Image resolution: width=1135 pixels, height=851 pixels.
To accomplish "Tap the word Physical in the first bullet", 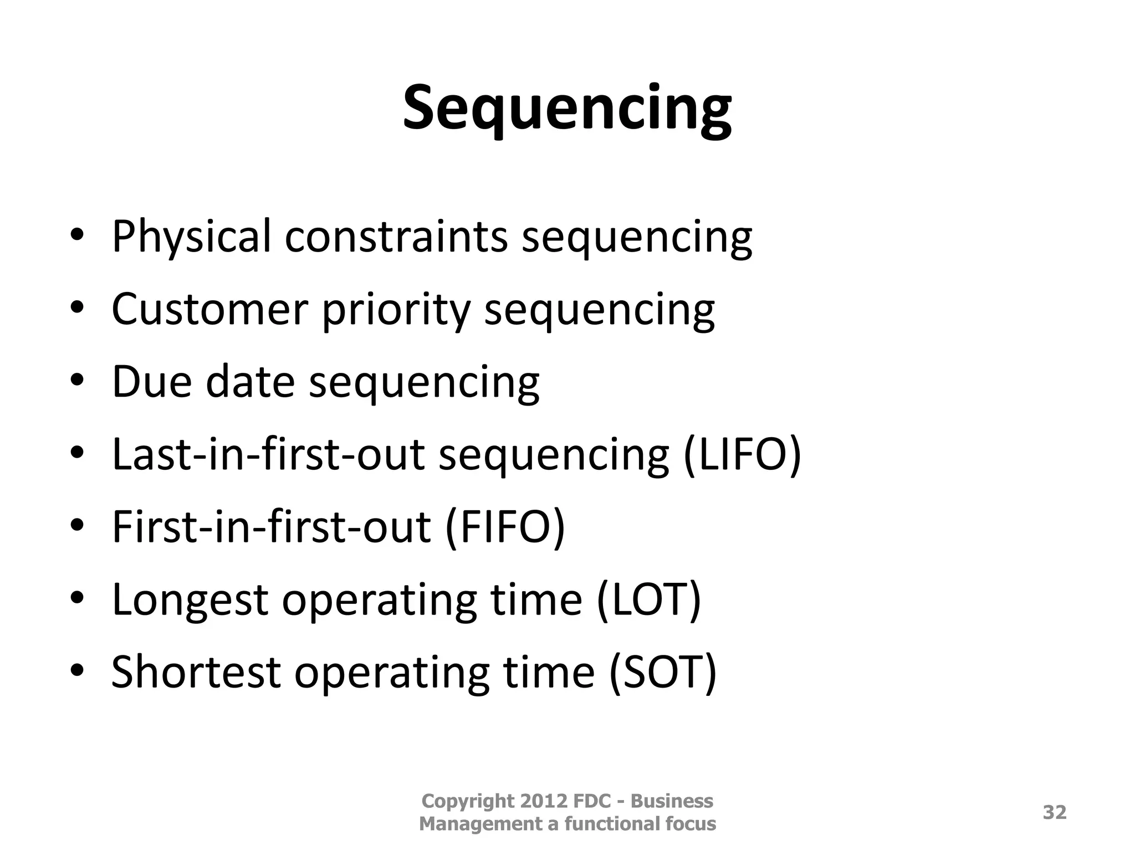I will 191,237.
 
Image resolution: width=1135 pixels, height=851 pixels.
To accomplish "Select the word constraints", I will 396,237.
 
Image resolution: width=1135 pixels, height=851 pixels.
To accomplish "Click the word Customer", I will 209,309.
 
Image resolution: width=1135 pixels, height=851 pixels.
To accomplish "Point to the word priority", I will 396,310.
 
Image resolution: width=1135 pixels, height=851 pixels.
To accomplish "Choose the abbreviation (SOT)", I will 662,671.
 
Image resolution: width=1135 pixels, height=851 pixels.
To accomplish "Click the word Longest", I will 190,601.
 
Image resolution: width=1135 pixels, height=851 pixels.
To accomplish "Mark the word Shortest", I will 196,671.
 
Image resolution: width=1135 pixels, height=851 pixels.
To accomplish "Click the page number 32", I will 1054,812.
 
